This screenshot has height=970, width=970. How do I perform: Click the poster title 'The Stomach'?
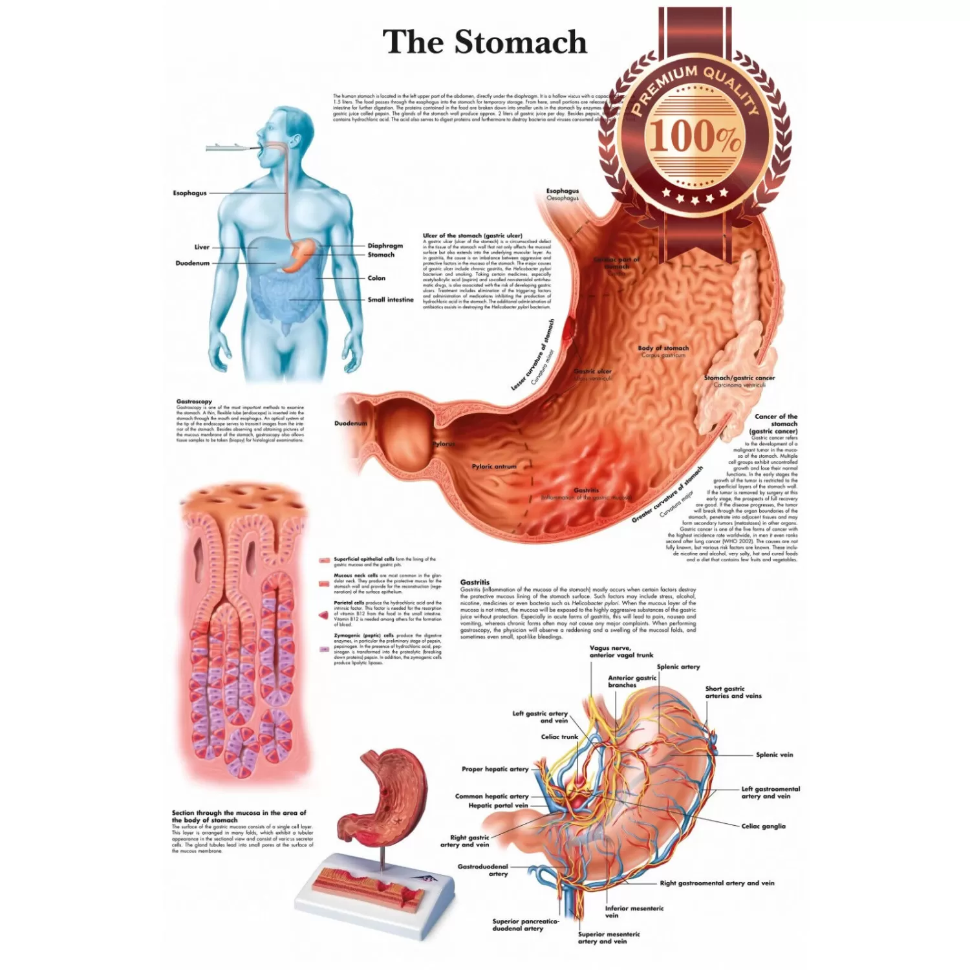coord(484,42)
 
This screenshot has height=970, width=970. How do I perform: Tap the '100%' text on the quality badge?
coord(695,136)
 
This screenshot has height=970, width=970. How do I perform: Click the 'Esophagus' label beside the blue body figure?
coord(189,193)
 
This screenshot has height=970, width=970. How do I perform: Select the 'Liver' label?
coord(202,247)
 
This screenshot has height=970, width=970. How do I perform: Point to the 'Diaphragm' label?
coord(385,246)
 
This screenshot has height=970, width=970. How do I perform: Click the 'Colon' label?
coord(376,278)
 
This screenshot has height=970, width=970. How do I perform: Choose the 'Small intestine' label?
coord(390,299)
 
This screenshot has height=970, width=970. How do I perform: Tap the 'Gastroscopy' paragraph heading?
coord(194,402)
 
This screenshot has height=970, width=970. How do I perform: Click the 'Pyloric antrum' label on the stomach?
coord(494,466)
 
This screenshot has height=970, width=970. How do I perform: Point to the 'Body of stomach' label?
coord(663,348)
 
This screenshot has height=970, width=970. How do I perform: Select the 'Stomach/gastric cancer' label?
coord(738,378)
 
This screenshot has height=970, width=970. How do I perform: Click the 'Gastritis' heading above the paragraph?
coord(475,582)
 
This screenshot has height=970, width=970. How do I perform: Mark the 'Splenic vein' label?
coord(774,755)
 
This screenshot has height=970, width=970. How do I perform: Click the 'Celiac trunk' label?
coord(559,737)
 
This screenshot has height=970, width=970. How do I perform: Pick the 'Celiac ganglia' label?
coord(763,826)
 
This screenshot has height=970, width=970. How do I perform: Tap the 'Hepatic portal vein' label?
coord(498,805)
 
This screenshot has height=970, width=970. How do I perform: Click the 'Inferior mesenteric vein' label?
coord(634,911)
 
